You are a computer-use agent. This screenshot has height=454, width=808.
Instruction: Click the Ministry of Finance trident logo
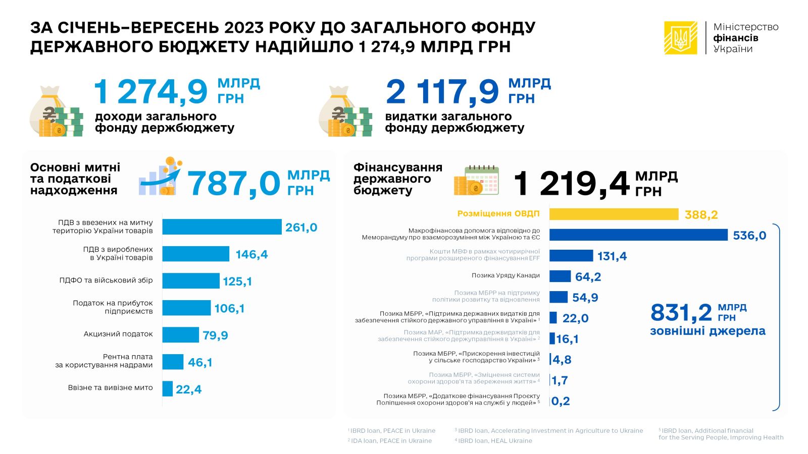pyautogui.click(x=680, y=38)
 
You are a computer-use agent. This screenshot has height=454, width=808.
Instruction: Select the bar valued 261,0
pyautogui.click(x=222, y=227)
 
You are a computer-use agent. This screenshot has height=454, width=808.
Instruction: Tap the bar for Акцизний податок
pyautogui.click(x=180, y=334)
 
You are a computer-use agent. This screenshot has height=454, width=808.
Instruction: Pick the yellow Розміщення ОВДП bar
pyautogui.click(x=614, y=214)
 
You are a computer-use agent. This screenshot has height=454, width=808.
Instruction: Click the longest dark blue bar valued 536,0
pyautogui.click(x=638, y=235)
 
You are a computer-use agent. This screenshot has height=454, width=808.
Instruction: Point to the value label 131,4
pyautogui.click(x=612, y=256)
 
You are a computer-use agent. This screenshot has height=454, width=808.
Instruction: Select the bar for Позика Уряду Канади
pyautogui.click(x=560, y=276)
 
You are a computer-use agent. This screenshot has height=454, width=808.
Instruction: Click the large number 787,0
pyautogui.click(x=234, y=183)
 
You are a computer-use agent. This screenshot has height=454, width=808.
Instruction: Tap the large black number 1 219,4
pyautogui.click(x=571, y=184)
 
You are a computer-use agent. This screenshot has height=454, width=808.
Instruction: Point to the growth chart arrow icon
pyautogui.click(x=160, y=177)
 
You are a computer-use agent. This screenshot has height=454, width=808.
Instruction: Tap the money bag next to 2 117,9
pyautogui.click(x=345, y=112)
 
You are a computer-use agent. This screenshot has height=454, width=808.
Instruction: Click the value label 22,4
pyautogui.click(x=188, y=389)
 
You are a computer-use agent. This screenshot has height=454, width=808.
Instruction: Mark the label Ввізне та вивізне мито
pyautogui.click(x=110, y=388)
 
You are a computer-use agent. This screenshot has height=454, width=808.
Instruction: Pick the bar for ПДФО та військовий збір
pyautogui.click(x=190, y=281)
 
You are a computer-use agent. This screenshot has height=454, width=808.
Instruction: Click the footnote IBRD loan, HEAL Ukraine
pyautogui.click(x=494, y=441)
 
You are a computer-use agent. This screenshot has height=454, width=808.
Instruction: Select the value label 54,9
pyautogui.click(x=585, y=298)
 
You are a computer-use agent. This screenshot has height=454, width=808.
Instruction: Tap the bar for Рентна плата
pyautogui.click(x=173, y=362)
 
